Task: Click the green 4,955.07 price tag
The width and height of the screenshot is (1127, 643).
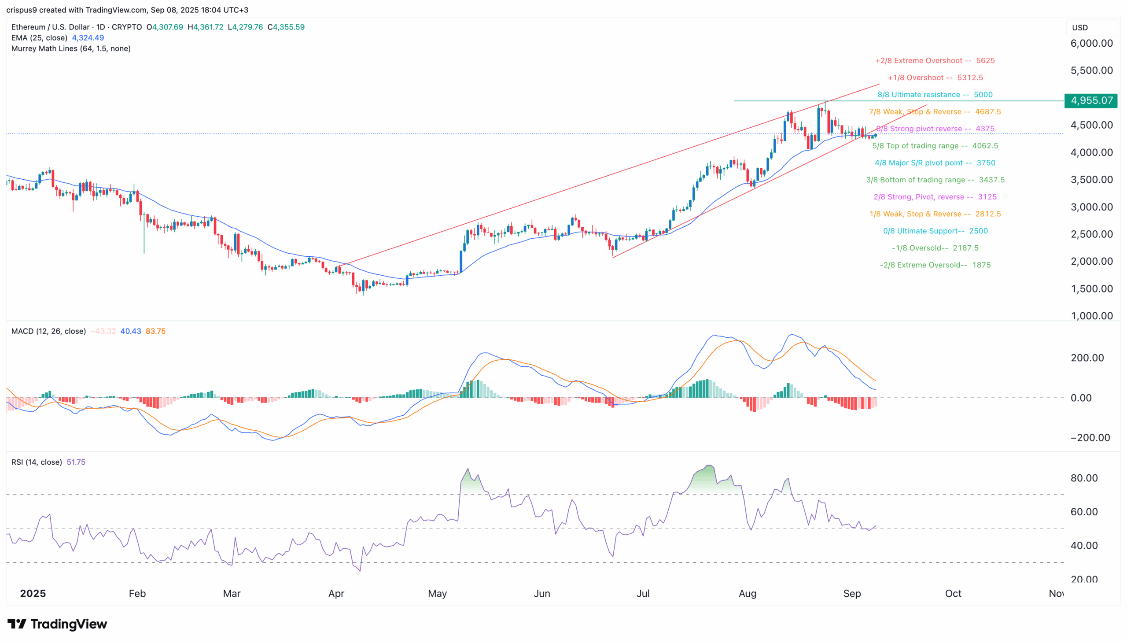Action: (1090, 101)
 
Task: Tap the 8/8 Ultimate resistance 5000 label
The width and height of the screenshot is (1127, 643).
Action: (935, 95)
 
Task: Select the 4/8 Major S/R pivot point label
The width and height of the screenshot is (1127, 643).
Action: (935, 163)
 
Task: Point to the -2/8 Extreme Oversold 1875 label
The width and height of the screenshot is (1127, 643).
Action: (935, 265)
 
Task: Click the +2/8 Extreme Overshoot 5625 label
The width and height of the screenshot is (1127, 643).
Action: (935, 60)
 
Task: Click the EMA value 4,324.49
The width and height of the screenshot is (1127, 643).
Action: (88, 38)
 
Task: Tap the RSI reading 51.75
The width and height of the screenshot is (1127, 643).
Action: (76, 462)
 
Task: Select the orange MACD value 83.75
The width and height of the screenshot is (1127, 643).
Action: (155, 331)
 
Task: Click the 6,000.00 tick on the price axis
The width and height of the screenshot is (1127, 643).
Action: (1091, 43)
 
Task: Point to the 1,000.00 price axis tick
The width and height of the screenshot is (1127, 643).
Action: (1091, 315)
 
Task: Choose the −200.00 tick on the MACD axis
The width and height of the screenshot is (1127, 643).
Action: (1090, 438)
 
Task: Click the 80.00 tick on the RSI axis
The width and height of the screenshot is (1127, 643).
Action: (1084, 478)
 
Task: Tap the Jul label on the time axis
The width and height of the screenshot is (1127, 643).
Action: (643, 593)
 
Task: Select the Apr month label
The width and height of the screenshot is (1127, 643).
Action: (336, 593)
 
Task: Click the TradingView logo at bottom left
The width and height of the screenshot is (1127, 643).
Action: (57, 624)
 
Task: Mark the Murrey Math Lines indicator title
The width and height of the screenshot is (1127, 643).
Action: (70, 48)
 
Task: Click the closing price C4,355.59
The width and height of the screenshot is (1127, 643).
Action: (286, 27)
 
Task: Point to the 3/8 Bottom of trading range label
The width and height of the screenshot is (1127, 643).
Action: (935, 180)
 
